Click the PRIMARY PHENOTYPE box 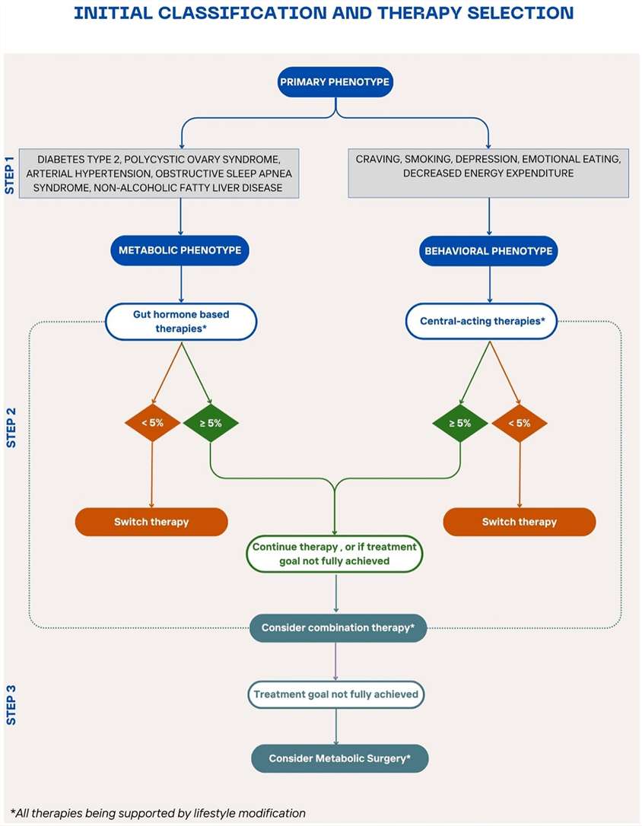click(335, 83)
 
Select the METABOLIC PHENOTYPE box click(180, 249)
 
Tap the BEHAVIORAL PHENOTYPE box click(488, 249)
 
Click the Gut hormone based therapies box click(180, 321)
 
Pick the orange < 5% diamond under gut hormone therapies click(152, 423)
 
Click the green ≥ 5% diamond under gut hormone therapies click(211, 423)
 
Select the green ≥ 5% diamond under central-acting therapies click(460, 423)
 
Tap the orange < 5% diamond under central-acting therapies click(520, 423)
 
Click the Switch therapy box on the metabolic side click(151, 522)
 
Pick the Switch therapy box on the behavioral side click(520, 522)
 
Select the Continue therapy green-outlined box click(335, 554)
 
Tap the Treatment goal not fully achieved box click(335, 694)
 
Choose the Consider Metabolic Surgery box click(340, 759)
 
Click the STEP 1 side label click(11, 175)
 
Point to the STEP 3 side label click(11, 704)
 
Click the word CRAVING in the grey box click(379, 159)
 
